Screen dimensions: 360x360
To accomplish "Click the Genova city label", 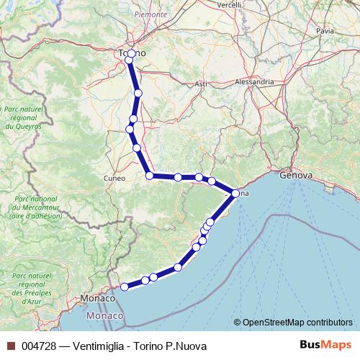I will point(296,175).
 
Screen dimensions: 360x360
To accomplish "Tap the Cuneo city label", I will point(114,178).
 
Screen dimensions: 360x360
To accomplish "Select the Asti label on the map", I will point(201,84).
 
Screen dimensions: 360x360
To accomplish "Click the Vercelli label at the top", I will point(229,4).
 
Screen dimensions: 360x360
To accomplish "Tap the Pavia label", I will point(325,31).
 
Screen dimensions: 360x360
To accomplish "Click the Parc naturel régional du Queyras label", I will point(21,117).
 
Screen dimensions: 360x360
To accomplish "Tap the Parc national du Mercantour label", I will point(34,207).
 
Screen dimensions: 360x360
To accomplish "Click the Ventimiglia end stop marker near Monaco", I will point(124,287).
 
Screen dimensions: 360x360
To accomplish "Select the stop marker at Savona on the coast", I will point(235,193).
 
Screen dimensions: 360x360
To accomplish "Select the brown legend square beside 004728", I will point(10,346).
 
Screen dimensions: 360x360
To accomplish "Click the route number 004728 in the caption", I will point(39,346).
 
